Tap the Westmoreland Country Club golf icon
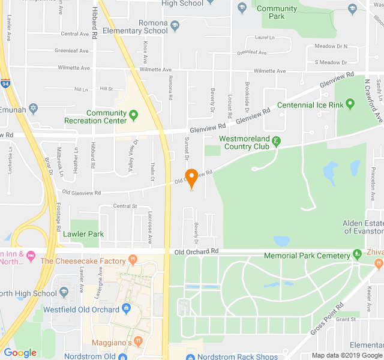[x=276, y=142]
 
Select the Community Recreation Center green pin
[x=134, y=115]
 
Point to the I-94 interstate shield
[x=5, y=83]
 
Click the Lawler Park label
[x=83, y=234]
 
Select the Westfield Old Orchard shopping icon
[x=126, y=308]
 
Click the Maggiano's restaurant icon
[x=139, y=341]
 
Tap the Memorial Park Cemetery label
[x=307, y=256]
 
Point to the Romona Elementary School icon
[x=175, y=26]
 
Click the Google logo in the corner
[x=20, y=352]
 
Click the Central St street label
[x=125, y=206]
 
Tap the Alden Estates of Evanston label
[x=363, y=227]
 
